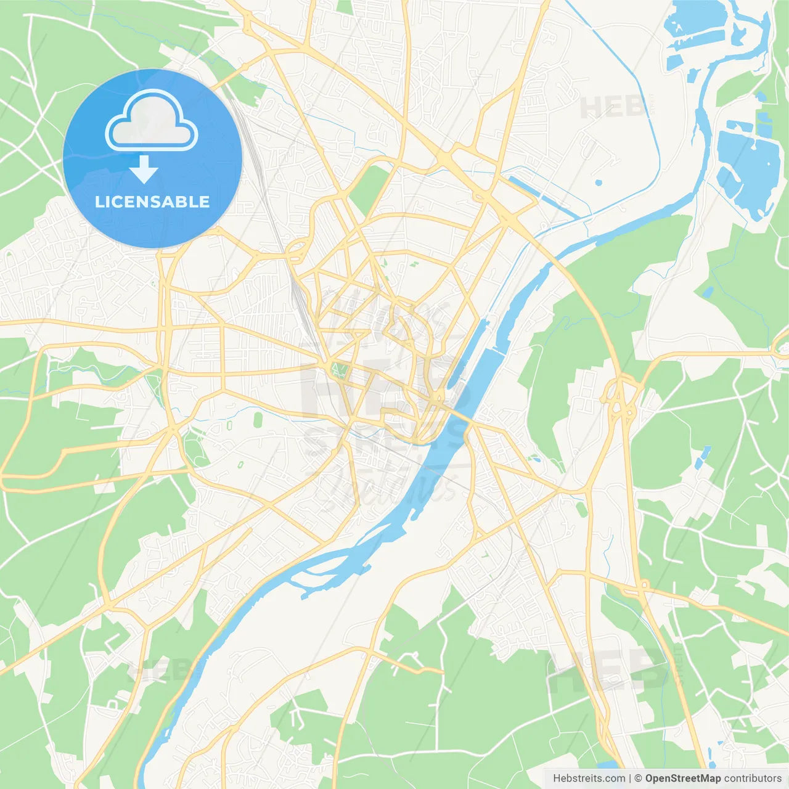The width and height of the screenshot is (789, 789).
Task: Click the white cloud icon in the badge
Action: [152, 120]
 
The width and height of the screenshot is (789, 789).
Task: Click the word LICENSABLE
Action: [152, 202]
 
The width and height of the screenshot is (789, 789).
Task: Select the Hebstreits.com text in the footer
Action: [589, 779]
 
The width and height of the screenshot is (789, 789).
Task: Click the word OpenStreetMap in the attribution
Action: [682, 779]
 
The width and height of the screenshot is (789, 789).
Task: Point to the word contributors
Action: [753, 779]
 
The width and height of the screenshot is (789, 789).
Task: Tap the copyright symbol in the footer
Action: [638, 779]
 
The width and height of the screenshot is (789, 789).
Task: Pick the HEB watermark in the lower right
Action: [607, 672]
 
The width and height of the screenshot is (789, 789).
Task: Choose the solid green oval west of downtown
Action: [257, 420]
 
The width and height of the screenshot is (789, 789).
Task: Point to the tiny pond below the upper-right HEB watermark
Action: [598, 182]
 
